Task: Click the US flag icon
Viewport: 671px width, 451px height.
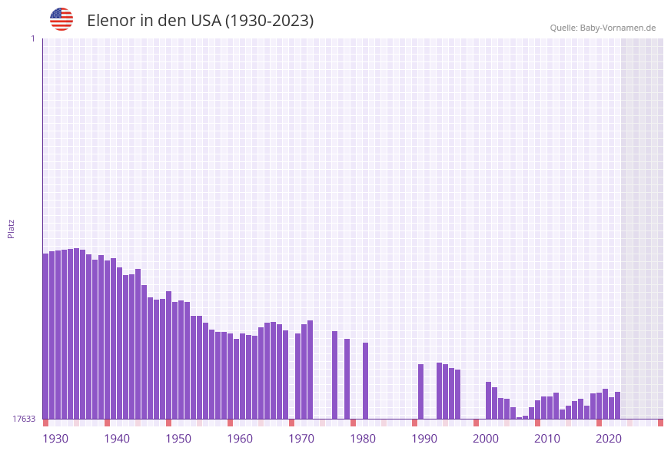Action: tap(61, 19)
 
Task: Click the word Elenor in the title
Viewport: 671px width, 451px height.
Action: tap(111, 21)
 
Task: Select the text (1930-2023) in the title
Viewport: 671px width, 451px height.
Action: tap(269, 21)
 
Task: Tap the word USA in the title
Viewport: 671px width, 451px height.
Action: tap(203, 21)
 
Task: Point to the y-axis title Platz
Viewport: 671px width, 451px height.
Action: tap(11, 228)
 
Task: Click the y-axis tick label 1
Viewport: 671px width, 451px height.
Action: tap(32, 38)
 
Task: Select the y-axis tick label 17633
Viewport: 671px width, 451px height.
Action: tap(23, 419)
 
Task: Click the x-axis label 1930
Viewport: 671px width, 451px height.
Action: tap(55, 439)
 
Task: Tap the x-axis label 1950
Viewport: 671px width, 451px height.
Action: tap(178, 439)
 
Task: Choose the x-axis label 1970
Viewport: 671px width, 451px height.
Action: tap(301, 439)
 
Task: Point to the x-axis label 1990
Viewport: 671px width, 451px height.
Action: tap(424, 439)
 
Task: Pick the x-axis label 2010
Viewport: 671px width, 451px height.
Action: tap(547, 439)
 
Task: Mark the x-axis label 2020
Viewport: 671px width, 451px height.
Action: tap(609, 439)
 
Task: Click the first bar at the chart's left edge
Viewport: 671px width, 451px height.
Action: tap(45, 336)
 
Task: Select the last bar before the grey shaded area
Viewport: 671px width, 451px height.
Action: tap(617, 405)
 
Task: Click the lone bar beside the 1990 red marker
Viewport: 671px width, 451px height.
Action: tap(420, 391)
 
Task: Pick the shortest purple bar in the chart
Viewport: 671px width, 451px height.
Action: tap(519, 418)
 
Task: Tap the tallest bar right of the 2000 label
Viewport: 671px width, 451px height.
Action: tap(488, 400)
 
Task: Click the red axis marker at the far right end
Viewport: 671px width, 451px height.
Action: tap(660, 423)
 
